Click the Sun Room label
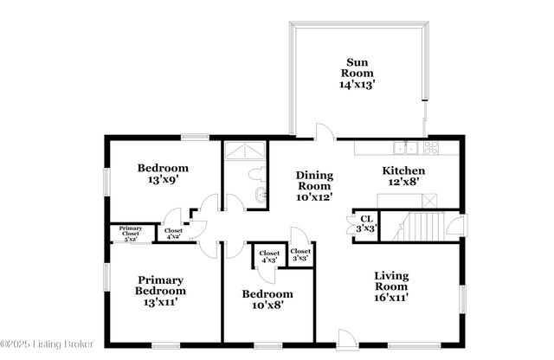[358, 74]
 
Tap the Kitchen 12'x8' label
[403, 177]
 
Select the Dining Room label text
[315, 186]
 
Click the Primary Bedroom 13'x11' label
[161, 292]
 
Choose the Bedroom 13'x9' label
[162, 174]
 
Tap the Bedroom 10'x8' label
[267, 299]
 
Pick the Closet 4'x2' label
[172, 233]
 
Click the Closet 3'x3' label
[301, 255]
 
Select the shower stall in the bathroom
[247, 151]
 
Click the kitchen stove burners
[429, 147]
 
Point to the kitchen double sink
[405, 147]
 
